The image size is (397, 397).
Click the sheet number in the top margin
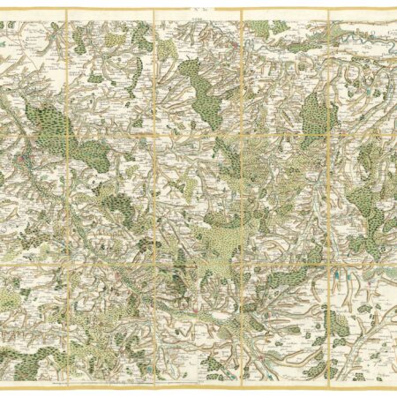[x=198, y=5]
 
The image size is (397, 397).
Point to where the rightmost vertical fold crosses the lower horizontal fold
[x=328, y=262]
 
